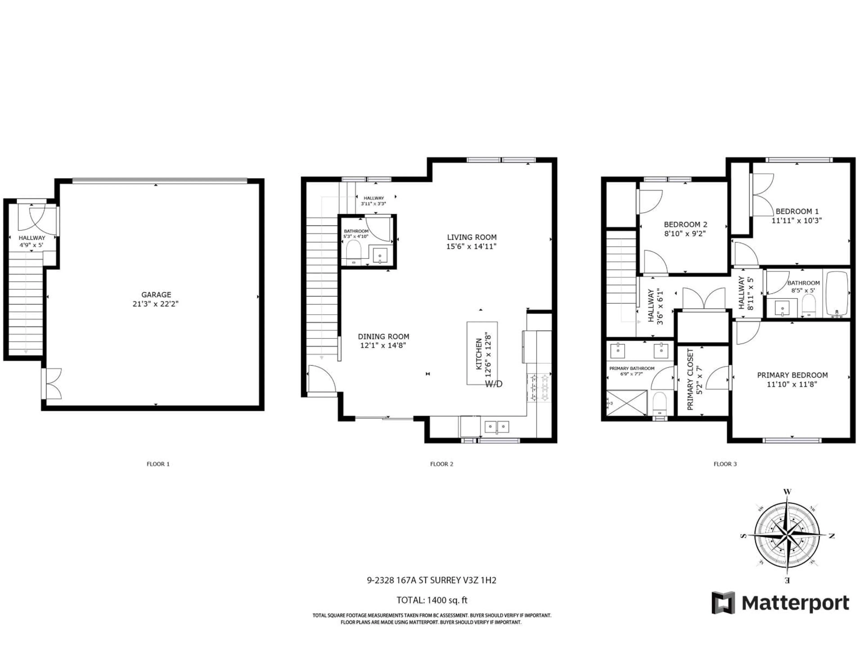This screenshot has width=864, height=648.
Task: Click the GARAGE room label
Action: (156, 295)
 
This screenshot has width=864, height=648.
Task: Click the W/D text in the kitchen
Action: (494, 384)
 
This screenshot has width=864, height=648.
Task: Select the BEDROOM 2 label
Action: (686, 225)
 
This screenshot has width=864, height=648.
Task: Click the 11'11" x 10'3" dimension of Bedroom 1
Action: (796, 220)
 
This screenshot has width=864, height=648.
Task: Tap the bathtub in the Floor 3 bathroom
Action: (836, 294)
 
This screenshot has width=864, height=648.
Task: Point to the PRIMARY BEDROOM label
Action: (792, 375)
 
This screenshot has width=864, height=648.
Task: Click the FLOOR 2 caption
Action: (441, 464)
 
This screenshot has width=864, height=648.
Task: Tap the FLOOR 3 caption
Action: (725, 464)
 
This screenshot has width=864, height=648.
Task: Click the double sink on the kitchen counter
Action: (497, 427)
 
